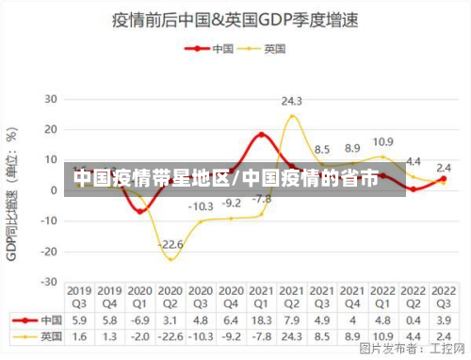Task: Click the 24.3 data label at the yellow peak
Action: point(292,100)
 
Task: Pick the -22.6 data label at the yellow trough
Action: point(171,245)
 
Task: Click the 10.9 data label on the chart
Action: point(382,141)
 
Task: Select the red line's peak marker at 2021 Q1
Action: point(262,134)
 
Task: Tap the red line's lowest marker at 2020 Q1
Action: point(140,211)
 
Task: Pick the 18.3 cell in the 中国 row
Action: point(261,319)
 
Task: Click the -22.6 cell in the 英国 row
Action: point(171,335)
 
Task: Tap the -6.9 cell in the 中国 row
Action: point(140,319)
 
